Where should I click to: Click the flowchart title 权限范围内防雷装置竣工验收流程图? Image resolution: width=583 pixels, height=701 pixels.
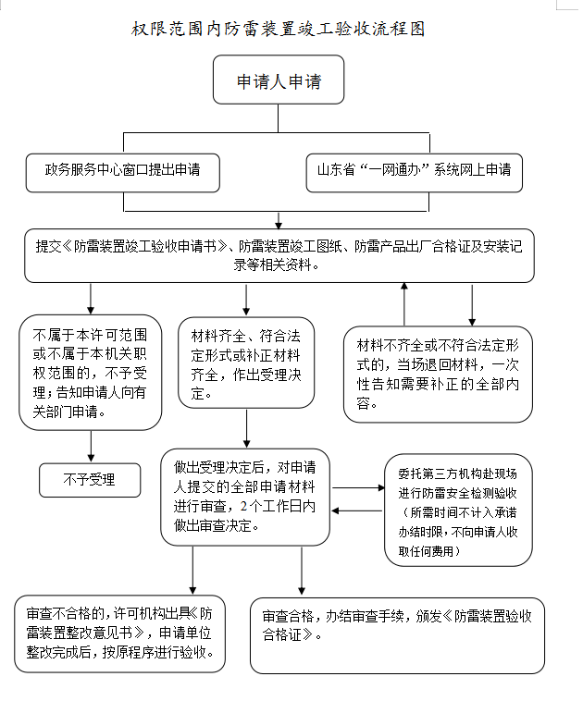coord(278,29)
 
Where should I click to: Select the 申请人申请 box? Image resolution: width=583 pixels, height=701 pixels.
coord(279,80)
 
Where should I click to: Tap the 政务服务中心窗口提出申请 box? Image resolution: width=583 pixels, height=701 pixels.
coord(122,171)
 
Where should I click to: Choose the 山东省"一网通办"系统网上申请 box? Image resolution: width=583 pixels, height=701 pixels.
coord(414,171)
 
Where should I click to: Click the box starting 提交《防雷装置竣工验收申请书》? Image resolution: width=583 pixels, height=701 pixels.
coord(279,255)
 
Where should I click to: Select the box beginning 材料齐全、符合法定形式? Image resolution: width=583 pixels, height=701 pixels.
coord(245,363)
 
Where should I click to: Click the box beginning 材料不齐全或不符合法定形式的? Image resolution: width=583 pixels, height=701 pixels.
coord(437,373)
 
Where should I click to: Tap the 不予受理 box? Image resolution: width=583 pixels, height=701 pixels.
coord(89,479)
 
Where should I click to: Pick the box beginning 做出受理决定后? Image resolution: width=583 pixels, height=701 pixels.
coord(245,497)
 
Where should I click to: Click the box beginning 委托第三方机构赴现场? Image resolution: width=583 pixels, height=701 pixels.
coord(458,510)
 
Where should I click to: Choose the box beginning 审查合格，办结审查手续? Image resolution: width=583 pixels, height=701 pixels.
coord(397,633)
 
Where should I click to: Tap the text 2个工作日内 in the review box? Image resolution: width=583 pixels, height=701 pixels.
coord(278,506)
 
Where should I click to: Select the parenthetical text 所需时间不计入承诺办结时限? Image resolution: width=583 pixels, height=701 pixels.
coord(458,522)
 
